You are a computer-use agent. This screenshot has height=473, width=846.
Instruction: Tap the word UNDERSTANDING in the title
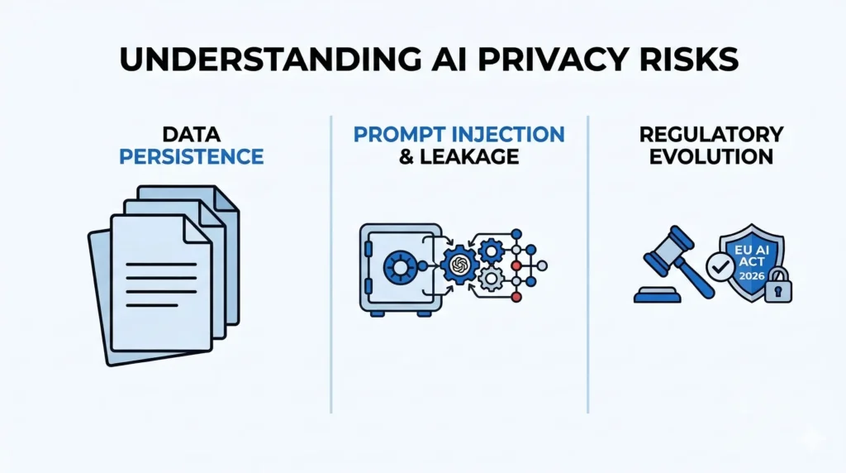[x=240, y=63]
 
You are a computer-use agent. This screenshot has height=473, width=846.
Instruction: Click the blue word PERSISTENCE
[x=192, y=155]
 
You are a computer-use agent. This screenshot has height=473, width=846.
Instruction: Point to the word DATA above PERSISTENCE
[x=192, y=135]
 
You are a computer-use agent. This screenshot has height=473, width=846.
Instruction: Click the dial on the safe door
[x=401, y=266]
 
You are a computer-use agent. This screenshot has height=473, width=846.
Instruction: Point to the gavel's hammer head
[x=673, y=247]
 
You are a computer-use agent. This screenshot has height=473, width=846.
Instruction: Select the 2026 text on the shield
[x=753, y=273]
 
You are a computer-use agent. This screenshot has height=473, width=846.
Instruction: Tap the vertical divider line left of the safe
[x=331, y=265]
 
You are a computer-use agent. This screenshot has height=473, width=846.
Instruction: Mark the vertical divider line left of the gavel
[x=587, y=265]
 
